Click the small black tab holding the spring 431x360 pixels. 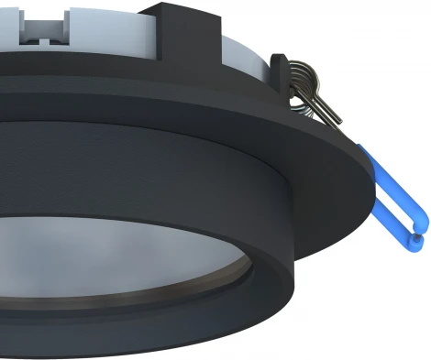(x=279, y=69)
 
